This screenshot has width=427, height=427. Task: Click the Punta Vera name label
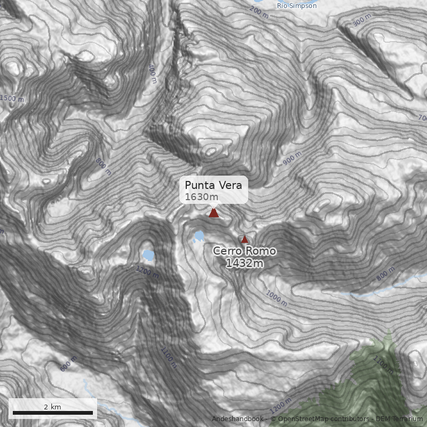213,185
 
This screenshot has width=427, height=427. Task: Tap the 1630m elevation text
202,197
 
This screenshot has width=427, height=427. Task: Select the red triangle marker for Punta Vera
213,212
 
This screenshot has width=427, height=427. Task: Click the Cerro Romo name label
244,251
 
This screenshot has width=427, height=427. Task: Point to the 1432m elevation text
244,263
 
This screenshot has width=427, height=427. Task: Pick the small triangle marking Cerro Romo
245,239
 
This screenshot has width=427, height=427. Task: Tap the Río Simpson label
297,5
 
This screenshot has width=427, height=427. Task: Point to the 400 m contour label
153,74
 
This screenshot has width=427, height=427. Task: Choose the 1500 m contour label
12,98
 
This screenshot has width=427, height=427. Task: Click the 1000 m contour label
276,295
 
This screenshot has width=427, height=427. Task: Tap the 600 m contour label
68,363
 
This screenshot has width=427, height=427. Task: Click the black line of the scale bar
52,413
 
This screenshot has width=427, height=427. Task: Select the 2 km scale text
52,407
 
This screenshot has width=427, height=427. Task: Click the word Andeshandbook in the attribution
237,419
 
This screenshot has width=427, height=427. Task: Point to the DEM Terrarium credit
399,419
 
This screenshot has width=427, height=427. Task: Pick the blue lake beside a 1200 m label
148,255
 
